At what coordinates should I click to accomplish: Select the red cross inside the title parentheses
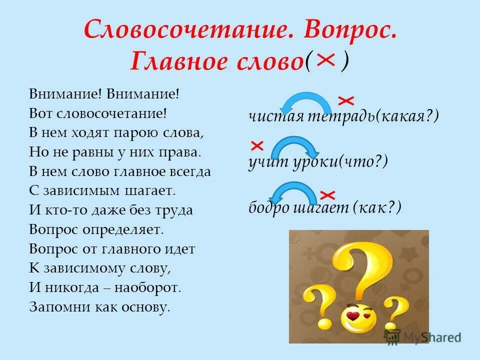(325, 60)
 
